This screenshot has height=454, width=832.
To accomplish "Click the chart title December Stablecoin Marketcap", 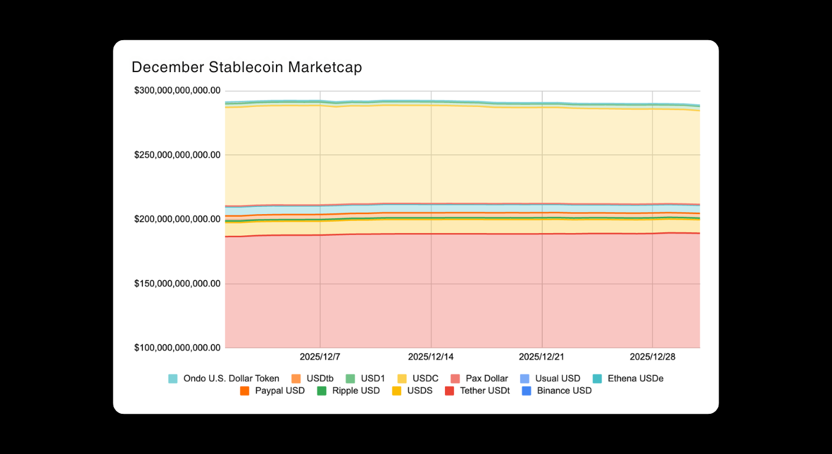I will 246,67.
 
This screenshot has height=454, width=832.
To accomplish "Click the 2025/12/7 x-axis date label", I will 320,357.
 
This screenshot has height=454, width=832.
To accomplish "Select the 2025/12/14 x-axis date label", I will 431,357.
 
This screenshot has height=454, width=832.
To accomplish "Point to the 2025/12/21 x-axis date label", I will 541,357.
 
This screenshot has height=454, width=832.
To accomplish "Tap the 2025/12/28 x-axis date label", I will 652,357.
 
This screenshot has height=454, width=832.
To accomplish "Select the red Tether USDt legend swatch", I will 449,391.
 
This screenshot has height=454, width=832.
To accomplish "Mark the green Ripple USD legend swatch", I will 322,391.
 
